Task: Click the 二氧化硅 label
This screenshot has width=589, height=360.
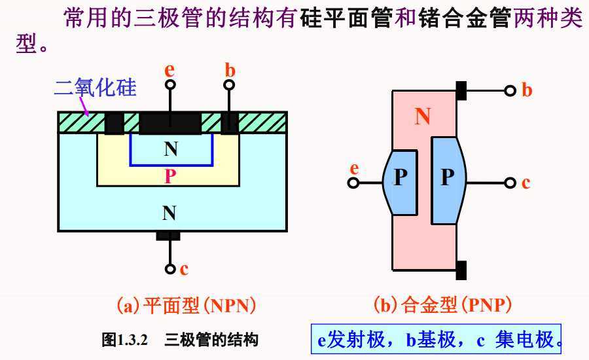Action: coord(96,87)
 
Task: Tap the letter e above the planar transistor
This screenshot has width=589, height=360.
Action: coord(170,69)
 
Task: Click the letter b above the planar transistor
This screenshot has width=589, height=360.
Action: coord(230,69)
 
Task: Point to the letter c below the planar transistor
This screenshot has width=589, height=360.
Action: coord(184,268)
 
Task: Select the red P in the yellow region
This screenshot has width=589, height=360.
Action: coord(170,176)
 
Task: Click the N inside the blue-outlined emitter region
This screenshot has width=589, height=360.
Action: coord(171,149)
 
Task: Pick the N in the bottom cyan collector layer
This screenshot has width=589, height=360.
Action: coord(170,212)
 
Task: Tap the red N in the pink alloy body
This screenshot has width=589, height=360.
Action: coord(423,117)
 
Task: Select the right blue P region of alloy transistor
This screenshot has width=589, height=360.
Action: coord(447,178)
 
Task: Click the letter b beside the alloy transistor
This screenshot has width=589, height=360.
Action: coord(527,90)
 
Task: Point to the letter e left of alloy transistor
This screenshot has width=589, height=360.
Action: coord(355,168)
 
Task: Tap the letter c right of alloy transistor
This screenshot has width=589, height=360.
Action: coord(526,183)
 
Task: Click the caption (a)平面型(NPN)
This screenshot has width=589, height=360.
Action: coord(186,305)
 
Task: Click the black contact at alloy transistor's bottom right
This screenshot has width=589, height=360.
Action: coord(461,269)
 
